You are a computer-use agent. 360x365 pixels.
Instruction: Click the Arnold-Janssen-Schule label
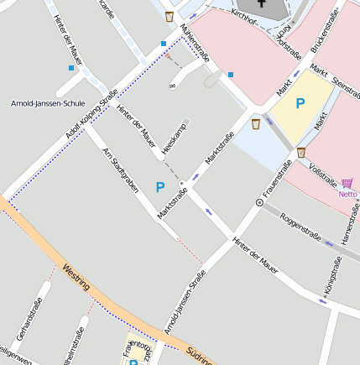point(48,104)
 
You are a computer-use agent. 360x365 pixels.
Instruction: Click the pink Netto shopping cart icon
point(347,182)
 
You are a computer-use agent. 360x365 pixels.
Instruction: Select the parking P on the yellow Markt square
point(300,103)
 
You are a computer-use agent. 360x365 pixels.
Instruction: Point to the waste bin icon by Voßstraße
point(301,152)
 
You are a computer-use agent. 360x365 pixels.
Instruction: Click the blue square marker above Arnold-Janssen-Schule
point(70,68)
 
